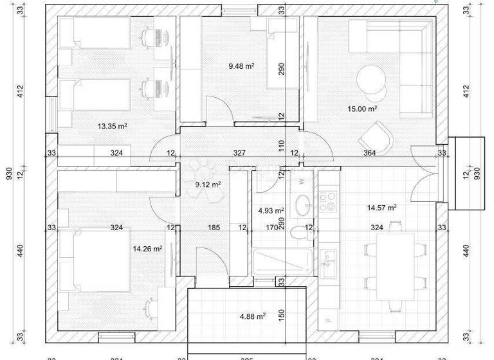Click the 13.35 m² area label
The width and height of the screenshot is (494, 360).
(112, 127)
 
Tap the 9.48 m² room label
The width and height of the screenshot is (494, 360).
(241, 66)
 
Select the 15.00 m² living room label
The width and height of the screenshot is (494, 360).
(361, 109)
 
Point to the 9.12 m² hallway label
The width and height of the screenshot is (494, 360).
(208, 184)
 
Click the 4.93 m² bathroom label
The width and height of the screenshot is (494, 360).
(271, 210)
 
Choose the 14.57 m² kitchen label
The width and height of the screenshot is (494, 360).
(381, 207)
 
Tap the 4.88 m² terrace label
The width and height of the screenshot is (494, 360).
(252, 316)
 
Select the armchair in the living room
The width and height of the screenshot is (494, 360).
(376, 137)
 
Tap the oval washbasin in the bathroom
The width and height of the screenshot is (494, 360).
(302, 207)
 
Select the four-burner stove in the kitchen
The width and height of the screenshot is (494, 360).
(329, 200)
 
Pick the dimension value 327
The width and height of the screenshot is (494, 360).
(239, 154)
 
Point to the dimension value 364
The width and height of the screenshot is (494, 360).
(370, 154)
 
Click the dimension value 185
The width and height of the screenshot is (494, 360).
(214, 228)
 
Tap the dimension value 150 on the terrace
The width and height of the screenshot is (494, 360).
(282, 314)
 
